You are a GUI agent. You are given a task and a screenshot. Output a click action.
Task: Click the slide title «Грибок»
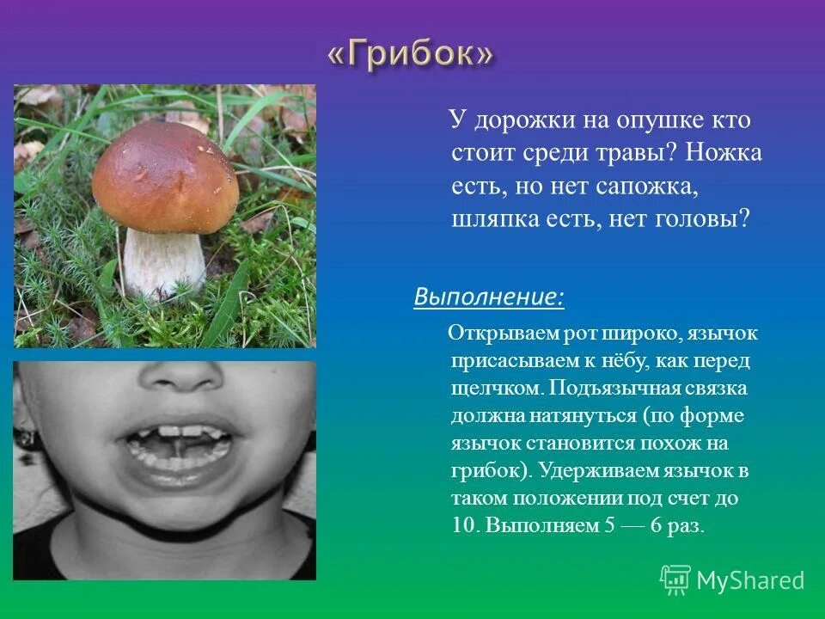[411, 55]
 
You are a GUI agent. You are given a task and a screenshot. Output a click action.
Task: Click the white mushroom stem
[163, 262]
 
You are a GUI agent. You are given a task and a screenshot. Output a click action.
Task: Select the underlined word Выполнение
[488, 297]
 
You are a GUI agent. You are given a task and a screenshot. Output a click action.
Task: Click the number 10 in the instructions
[463, 526]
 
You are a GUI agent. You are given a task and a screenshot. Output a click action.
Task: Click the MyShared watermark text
[750, 580]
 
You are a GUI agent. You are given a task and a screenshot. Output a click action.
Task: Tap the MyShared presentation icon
[675, 579]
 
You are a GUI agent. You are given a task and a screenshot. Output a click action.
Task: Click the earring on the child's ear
[28, 439]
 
